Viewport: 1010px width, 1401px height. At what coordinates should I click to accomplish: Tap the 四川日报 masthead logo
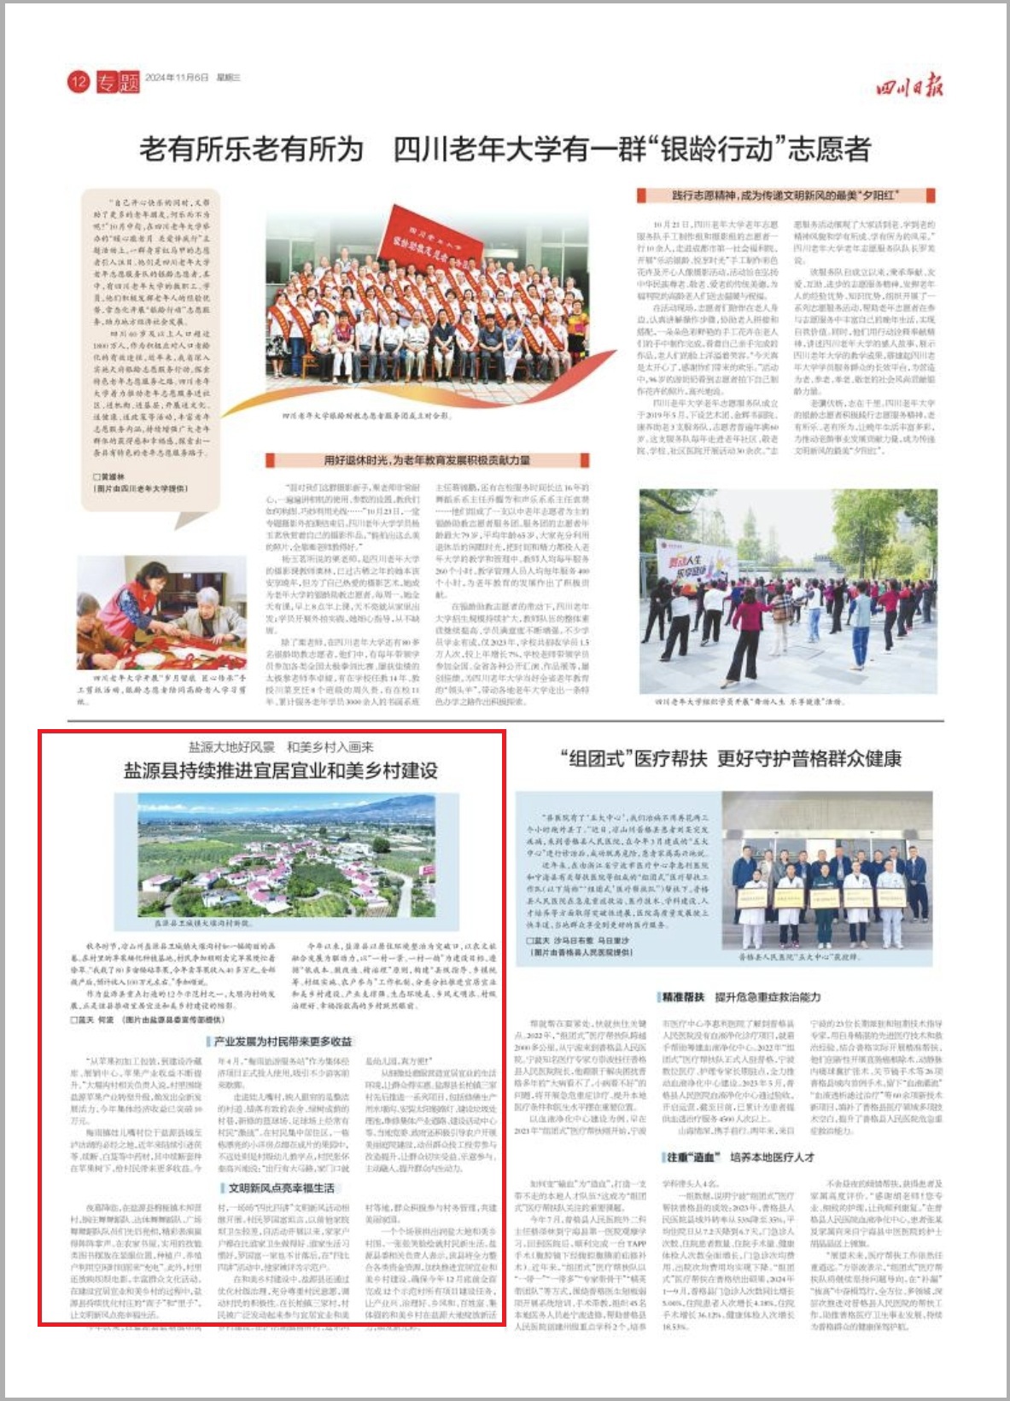tap(908, 86)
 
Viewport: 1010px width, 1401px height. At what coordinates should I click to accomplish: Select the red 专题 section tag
tap(117, 81)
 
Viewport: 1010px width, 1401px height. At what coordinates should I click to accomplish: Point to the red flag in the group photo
tap(443, 244)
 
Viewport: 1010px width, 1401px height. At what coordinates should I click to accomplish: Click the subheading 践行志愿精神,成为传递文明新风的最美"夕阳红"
tap(785, 196)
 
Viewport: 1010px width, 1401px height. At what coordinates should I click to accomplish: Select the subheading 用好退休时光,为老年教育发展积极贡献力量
tap(427, 460)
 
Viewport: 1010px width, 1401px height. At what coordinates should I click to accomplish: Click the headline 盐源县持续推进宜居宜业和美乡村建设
tap(281, 770)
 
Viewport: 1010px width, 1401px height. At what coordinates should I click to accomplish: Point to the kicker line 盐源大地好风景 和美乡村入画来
tap(281, 746)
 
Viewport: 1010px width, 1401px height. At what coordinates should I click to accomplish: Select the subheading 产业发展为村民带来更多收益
tap(282, 1042)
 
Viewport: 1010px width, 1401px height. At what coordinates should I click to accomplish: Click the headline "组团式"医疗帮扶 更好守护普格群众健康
tap(731, 758)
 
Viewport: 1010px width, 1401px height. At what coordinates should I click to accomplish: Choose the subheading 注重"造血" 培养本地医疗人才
tap(739, 1157)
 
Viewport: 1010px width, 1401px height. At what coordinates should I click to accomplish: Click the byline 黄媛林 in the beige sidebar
tap(110, 476)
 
